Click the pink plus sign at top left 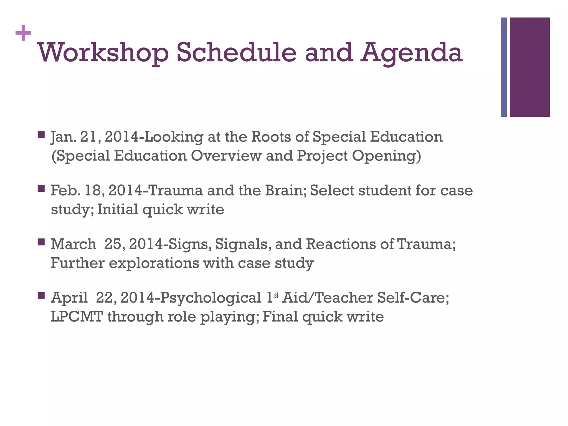coord(23,33)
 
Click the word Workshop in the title coord(103,53)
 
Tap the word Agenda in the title coord(412,53)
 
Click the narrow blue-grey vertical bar coord(504,67)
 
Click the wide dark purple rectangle coord(530,67)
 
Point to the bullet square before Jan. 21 coord(41,135)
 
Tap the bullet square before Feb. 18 coord(41,189)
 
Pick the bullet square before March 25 coord(41,242)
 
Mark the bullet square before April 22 coord(41,296)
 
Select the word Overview coord(226,156)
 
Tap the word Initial coord(118,209)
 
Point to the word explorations coord(154,263)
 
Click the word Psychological coord(211,298)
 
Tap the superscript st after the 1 coord(276,295)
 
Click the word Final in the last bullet coord(280,316)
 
